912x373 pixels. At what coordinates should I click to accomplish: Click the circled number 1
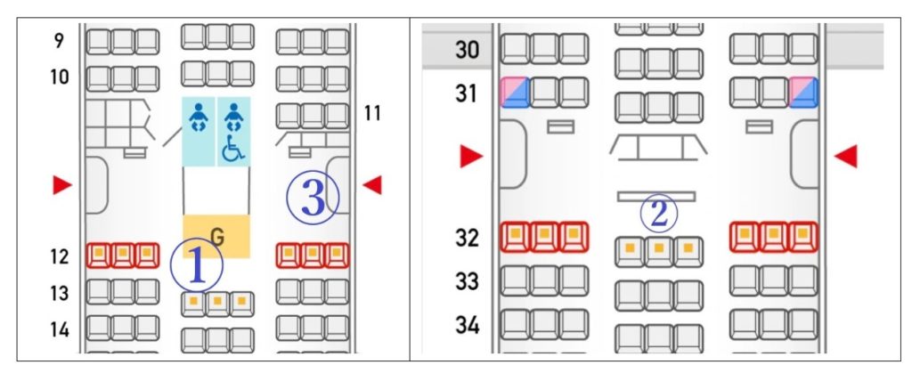197,265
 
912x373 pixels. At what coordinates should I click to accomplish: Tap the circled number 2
658,214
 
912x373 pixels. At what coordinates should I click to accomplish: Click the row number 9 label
59,41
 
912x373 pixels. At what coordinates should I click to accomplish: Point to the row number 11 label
372,113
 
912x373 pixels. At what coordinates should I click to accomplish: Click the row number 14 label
60,329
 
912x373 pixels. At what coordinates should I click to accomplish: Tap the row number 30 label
467,50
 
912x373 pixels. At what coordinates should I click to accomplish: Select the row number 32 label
467,238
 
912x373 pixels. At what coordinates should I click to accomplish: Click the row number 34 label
467,325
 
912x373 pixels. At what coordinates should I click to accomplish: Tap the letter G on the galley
217,236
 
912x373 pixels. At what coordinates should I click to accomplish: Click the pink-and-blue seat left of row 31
515,93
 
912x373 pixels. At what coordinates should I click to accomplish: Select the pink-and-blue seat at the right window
803,93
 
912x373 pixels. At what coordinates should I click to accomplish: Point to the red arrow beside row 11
372,185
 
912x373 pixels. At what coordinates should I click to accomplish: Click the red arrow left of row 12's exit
62,185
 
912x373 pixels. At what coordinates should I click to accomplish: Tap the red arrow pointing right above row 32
472,157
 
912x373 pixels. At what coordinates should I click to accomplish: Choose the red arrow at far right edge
846,157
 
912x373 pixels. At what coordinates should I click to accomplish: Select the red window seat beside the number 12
99,255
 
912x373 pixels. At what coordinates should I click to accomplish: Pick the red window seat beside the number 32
515,237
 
